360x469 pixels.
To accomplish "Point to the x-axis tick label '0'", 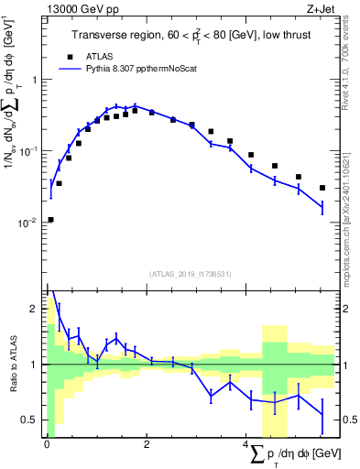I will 47,445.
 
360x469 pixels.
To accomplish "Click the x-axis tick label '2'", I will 147,445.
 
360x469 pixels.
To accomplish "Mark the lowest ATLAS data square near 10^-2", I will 50,220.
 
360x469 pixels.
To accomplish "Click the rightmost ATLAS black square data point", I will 322,188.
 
